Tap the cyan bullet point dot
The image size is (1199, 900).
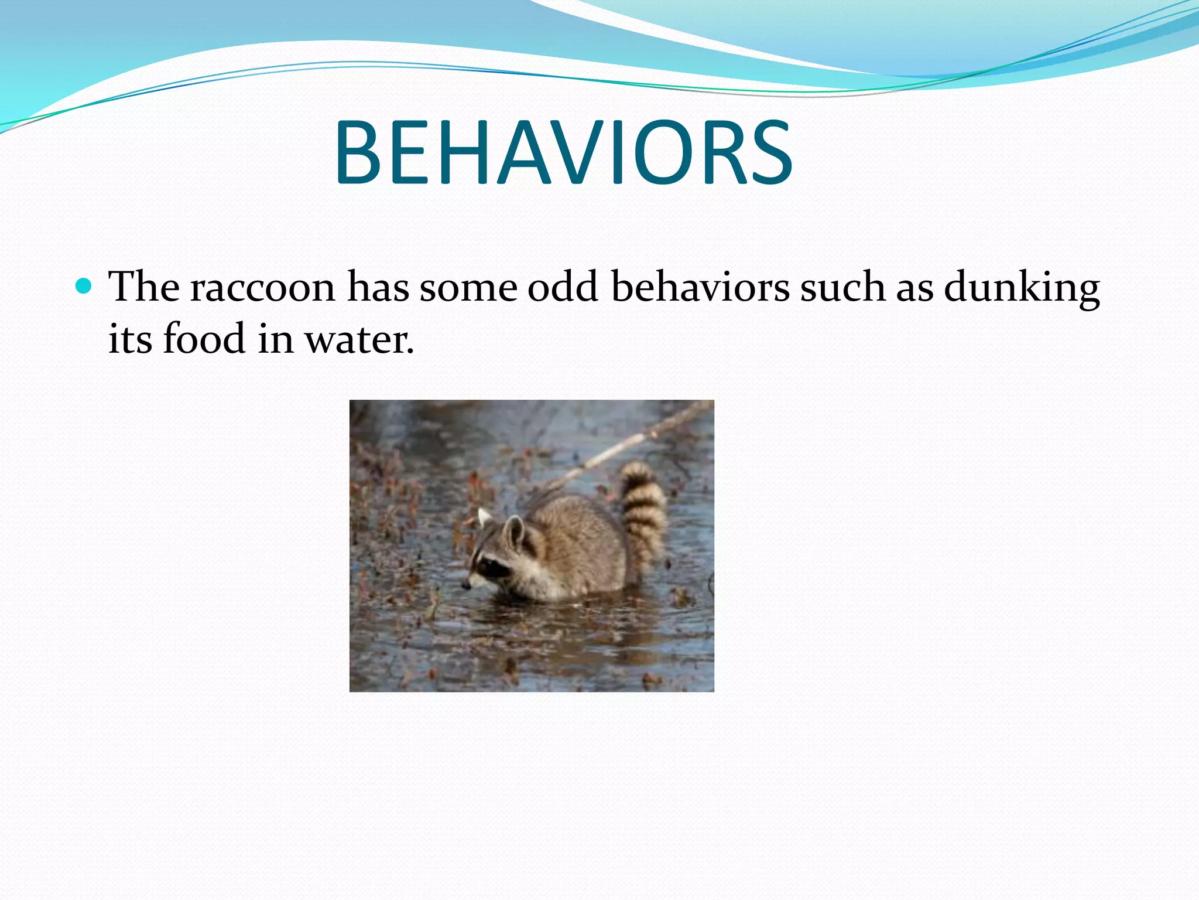pos(84,286)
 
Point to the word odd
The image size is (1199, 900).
pos(563,287)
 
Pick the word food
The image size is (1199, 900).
pos(204,339)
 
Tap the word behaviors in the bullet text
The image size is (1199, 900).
pos(700,287)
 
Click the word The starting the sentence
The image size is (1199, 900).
pos(144,287)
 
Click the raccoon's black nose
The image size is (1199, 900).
pos(466,585)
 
